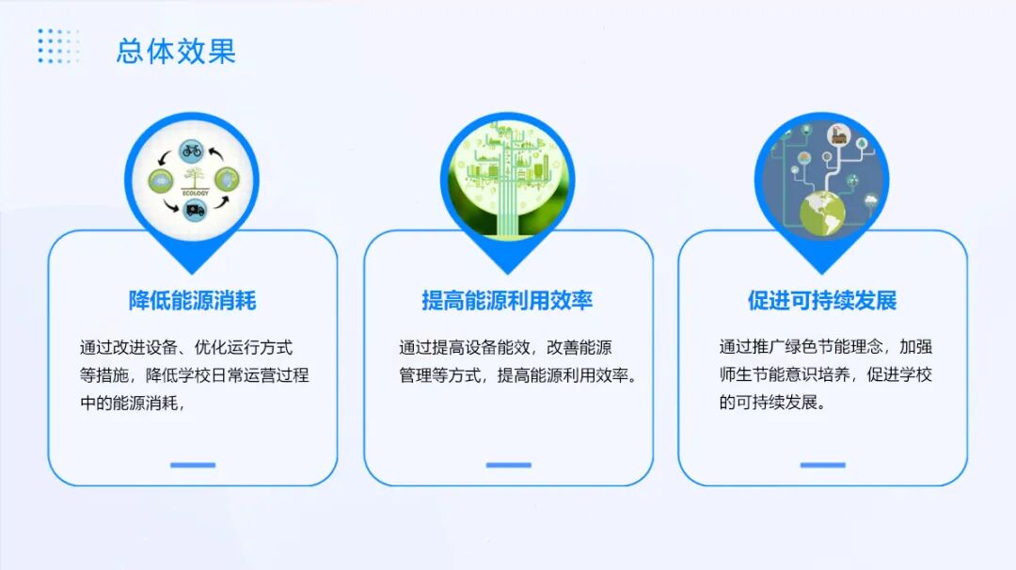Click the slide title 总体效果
pos(176,51)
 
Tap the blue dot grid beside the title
pos(58,46)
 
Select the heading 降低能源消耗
pos(193,301)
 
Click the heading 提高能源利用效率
pos(507,301)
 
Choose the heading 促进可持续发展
pos(822,301)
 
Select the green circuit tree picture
pos(507,179)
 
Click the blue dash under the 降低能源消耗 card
pos(193,465)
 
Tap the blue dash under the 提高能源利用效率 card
pos(508,465)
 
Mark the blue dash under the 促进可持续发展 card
pos(822,465)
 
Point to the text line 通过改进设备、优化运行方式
pos(186,348)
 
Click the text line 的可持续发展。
pos(772,404)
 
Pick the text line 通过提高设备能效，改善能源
pos(506,348)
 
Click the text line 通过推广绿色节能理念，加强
pos(826,348)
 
